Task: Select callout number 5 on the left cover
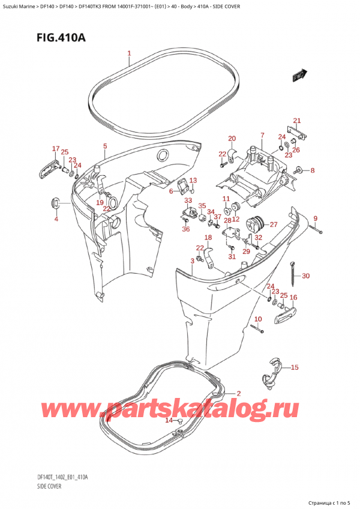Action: tap(105, 146)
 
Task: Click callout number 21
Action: tap(296, 121)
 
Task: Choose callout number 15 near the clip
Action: tap(294, 367)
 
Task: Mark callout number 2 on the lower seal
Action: tap(238, 394)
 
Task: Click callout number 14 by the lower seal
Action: tap(169, 421)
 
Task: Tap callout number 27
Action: tap(273, 224)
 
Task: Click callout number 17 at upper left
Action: tap(56, 149)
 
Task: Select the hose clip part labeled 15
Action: tap(271, 371)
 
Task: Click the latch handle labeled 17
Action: tap(47, 167)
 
